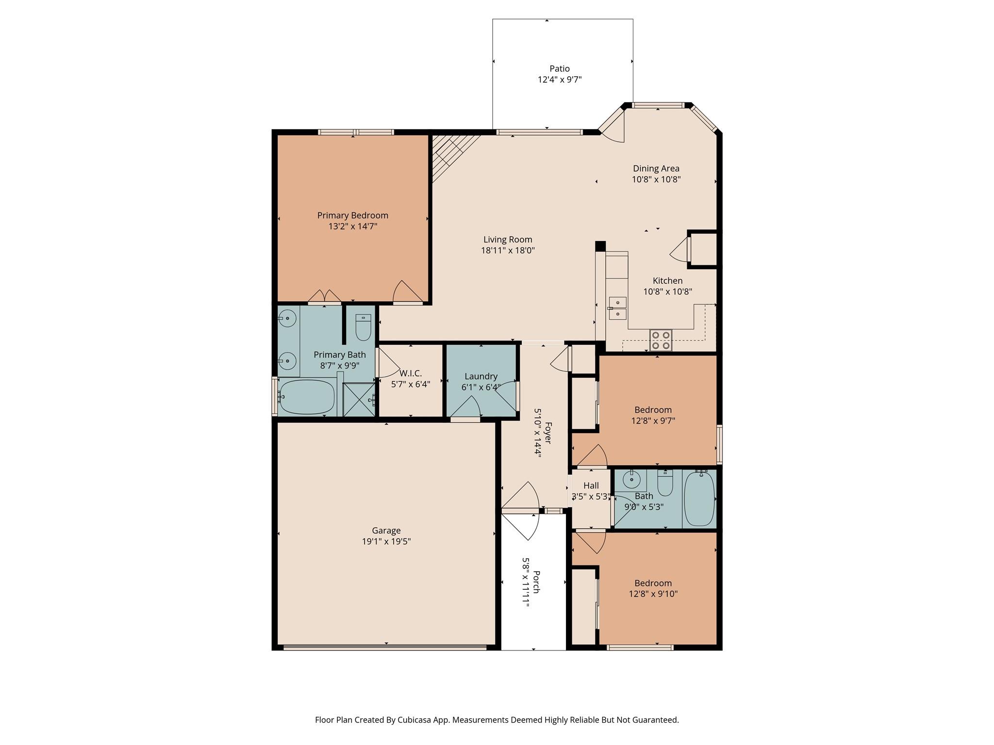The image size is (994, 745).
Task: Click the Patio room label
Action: tap(559, 69)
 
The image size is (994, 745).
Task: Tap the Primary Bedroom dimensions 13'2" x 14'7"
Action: tap(352, 227)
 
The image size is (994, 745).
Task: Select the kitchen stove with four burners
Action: tap(661, 340)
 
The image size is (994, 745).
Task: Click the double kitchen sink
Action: tap(617, 308)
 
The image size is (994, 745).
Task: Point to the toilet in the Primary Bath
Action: tap(363, 328)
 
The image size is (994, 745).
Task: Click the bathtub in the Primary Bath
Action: tap(307, 397)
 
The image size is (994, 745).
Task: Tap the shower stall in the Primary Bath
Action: tap(359, 400)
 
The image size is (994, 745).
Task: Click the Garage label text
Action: tap(386, 531)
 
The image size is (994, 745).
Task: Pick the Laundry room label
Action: tap(480, 376)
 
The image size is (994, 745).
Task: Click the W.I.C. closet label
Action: tap(411, 373)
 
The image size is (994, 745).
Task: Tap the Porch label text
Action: tap(536, 582)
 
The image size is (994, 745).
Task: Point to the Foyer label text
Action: tap(548, 433)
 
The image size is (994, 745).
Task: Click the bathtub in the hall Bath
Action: tap(699, 498)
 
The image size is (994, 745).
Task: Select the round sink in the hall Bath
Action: tap(631, 480)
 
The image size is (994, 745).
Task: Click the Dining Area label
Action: tap(656, 169)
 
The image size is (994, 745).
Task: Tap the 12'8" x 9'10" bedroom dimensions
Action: tap(653, 594)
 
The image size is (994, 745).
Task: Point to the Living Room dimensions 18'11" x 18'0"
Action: tap(508, 251)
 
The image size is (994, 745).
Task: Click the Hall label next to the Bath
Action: tap(591, 486)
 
